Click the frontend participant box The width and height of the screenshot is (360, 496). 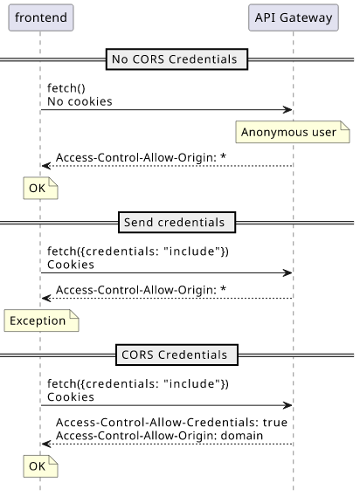coord(41,17)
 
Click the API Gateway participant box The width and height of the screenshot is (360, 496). coord(294,17)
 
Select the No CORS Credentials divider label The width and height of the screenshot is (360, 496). coord(177,59)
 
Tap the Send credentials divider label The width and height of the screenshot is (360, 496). coord(177,223)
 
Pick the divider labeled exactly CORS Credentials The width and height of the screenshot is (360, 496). coord(177,355)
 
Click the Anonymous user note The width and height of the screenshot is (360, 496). coord(293,132)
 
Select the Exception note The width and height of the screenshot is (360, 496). coord(41,320)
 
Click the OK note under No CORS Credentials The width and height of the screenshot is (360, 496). coord(40,189)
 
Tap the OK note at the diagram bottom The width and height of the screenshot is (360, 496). coord(40,466)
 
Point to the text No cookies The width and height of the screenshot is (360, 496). coord(80,101)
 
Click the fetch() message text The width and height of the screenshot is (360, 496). coord(66,88)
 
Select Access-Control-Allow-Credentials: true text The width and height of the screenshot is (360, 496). coord(171,423)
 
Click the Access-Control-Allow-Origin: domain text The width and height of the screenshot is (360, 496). coord(159,436)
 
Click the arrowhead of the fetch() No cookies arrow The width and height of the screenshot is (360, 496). coord(288,110)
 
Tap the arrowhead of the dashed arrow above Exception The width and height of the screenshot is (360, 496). coord(45,298)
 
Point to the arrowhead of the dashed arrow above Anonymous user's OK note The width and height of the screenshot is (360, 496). coord(45,166)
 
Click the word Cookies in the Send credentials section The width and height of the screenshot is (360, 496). coord(71,265)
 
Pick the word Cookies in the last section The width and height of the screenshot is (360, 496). coord(71,397)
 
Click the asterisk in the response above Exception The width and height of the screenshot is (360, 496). coord(223,288)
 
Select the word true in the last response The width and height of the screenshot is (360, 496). coord(275,423)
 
